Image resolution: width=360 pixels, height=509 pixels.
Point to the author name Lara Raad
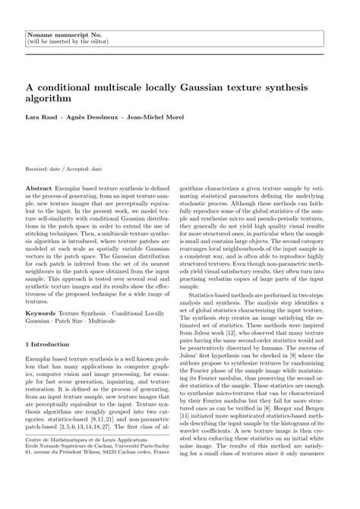point(40,119)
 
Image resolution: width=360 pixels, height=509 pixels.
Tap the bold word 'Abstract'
point(39,186)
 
